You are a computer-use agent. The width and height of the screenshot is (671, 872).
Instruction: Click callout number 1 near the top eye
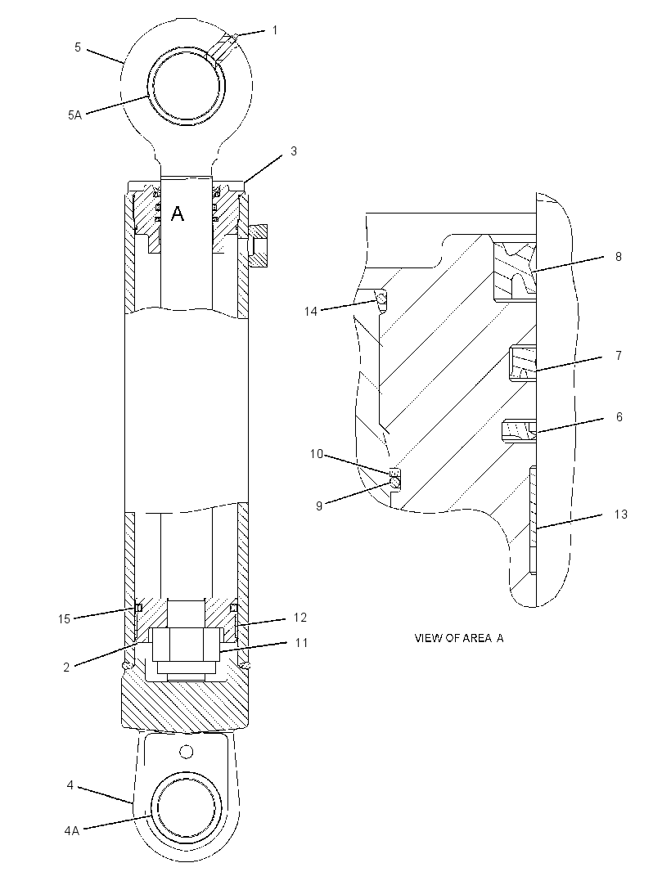pos(274,30)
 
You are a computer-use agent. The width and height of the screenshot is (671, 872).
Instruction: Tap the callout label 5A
pos(74,115)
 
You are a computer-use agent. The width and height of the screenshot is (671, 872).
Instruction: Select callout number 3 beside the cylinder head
pos(294,151)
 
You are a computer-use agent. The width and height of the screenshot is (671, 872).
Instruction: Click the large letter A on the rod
pos(177,213)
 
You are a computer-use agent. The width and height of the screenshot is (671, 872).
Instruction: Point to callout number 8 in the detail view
pos(618,257)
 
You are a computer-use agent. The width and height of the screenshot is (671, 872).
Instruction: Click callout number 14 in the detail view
pos(310,312)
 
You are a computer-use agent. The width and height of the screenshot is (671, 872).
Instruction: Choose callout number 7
pos(619,355)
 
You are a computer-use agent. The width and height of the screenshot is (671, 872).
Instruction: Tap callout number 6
pos(619,416)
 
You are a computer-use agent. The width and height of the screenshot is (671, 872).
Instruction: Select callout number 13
pos(620,515)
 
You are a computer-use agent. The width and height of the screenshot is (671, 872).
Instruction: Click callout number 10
pos(316,454)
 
